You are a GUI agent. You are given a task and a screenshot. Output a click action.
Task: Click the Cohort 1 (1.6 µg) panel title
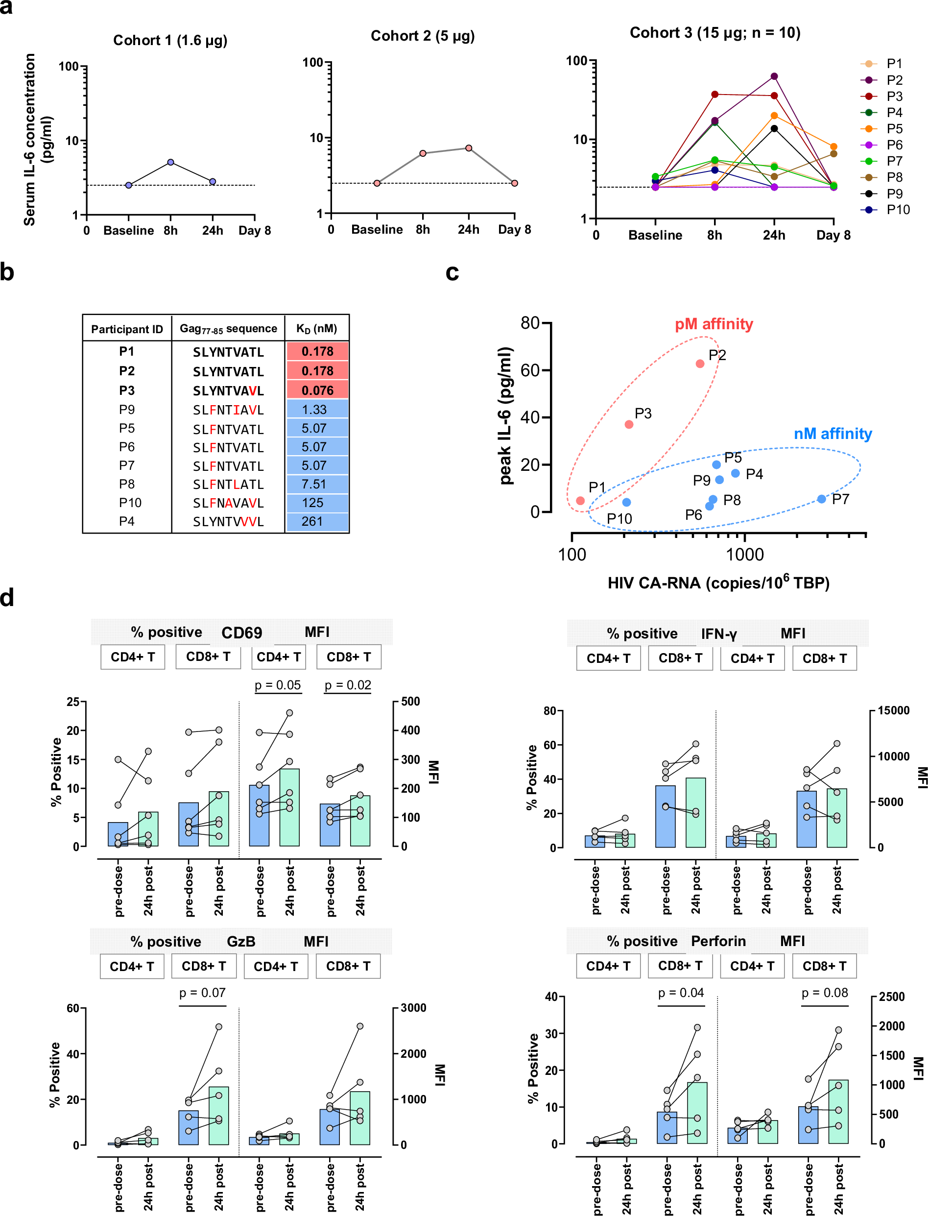pos(170,40)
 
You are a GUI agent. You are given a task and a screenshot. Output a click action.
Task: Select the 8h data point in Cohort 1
pos(171,162)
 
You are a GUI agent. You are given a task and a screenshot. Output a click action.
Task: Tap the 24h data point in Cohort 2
pos(469,148)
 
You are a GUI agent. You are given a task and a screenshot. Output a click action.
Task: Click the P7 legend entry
pos(894,161)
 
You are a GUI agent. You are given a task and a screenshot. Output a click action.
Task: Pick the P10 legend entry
pos(898,209)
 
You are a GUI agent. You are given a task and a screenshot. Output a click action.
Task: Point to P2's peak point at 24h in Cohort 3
pos(774,76)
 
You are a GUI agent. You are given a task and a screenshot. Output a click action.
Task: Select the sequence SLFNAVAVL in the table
pos(228,503)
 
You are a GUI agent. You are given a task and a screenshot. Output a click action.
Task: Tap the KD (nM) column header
pos(316,328)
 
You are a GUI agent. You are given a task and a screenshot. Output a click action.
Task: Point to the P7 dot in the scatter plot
pos(821,499)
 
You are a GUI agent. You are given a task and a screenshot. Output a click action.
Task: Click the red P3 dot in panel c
pos(629,424)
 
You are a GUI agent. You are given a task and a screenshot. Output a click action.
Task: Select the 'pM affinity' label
pos(714,324)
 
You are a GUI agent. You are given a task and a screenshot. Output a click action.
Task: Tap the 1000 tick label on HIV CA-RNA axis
pos(745,554)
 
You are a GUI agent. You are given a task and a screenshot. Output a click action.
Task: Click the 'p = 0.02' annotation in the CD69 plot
pos(347,685)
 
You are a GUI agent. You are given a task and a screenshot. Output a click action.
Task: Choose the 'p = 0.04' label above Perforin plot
pos(681,992)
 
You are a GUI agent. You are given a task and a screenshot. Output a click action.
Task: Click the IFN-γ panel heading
pos(718,633)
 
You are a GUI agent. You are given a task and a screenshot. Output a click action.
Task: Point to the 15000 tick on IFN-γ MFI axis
pos(893,710)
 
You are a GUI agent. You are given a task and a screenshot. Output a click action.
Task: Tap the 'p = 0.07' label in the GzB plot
pos(202,992)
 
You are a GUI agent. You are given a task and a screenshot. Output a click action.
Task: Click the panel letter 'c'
pos(452,272)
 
